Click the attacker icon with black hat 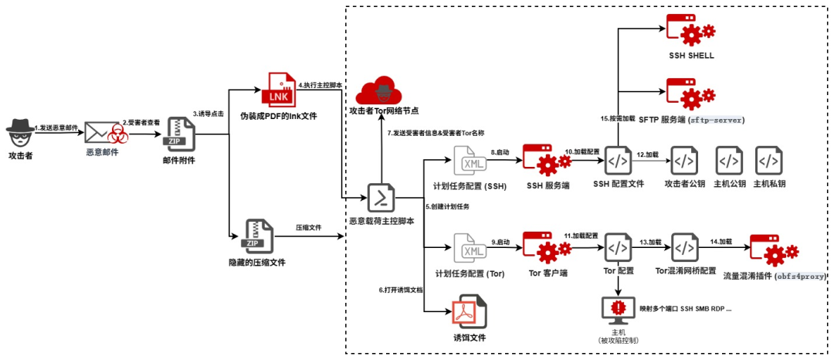tap(21, 133)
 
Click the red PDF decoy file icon tap(470, 314)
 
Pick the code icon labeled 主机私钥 tap(768, 161)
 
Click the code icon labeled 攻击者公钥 tap(684, 161)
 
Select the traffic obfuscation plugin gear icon tap(774, 249)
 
